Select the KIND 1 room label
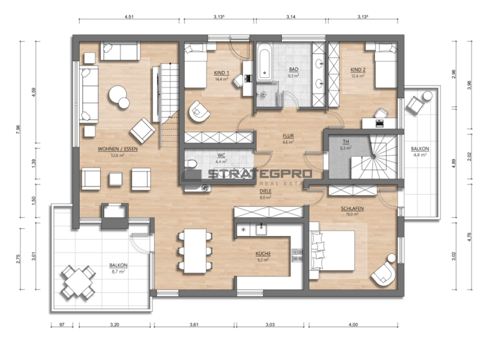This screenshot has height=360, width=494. pos(222,73)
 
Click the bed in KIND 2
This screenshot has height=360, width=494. pos(383,64)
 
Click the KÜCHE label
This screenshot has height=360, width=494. pos(262,254)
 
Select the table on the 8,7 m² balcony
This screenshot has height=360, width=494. pos(78,281)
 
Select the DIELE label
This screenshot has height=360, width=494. pos(264,191)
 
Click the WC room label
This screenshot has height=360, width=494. pos(221,155)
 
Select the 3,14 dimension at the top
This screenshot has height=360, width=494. pos(289,18)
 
